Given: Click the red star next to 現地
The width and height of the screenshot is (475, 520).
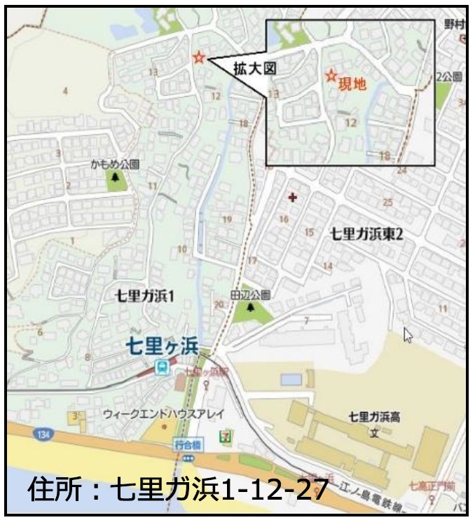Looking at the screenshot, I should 331,74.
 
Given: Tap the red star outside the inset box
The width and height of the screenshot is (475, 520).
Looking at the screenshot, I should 199,57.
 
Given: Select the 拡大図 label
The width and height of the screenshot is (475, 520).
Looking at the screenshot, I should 254,68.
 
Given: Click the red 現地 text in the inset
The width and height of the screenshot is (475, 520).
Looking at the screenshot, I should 352,84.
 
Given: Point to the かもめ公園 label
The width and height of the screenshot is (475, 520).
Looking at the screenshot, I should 115,165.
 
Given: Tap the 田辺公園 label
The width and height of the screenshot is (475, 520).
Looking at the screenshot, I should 250,295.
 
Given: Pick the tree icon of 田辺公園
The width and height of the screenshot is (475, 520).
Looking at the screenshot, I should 251,308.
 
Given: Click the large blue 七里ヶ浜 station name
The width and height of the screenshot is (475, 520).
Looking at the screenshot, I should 163,345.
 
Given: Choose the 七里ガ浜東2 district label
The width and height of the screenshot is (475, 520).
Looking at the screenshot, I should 367,235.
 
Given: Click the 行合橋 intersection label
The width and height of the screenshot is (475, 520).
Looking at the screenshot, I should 186,445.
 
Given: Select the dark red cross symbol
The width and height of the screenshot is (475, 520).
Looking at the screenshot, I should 292,198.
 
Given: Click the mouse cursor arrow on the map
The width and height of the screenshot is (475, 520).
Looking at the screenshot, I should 408,336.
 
